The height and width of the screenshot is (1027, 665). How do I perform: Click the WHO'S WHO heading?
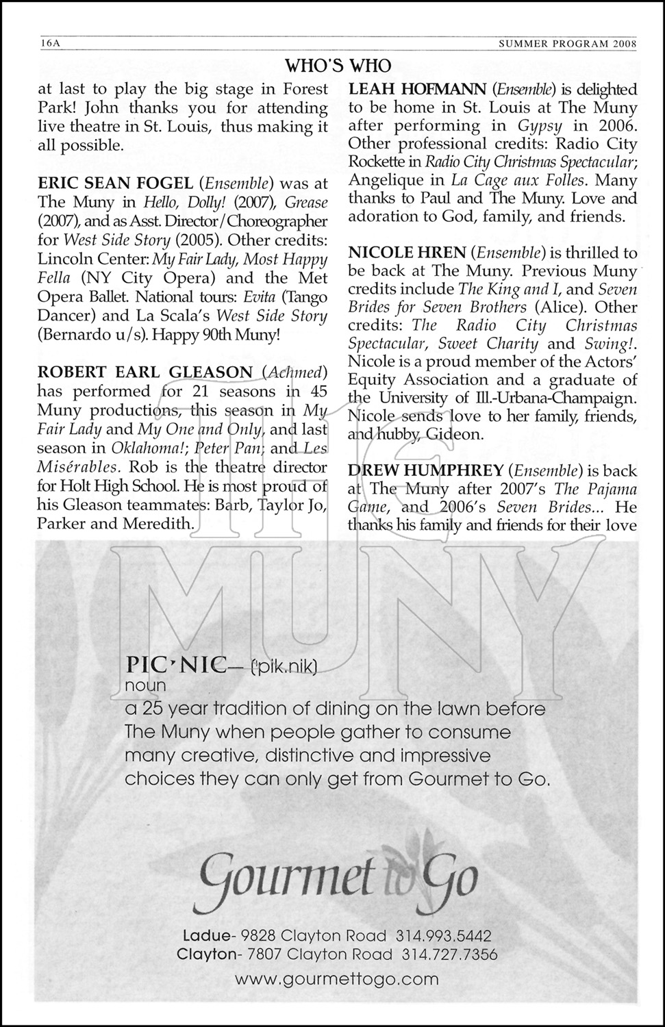(337, 65)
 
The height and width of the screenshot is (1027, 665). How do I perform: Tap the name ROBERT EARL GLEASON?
(145, 372)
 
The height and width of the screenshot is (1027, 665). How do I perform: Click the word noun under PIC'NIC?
(146, 685)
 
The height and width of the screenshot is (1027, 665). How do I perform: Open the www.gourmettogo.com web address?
(336, 979)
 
